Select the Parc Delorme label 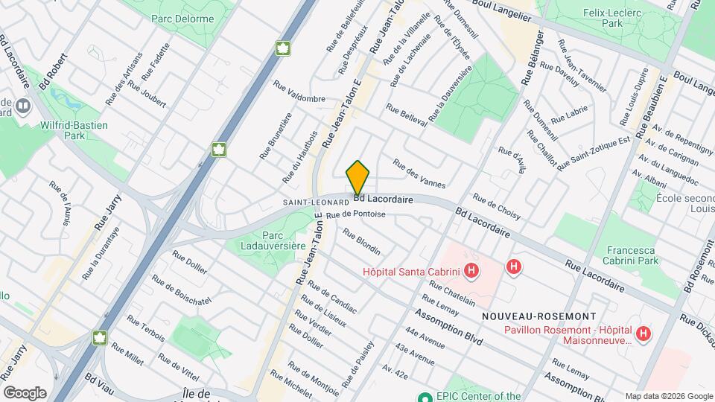(x=182, y=19)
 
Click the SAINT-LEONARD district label (x=316, y=202)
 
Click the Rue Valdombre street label (x=299, y=92)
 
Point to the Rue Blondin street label (x=361, y=241)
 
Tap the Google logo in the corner (x=25, y=392)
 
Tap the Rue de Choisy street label (x=496, y=208)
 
